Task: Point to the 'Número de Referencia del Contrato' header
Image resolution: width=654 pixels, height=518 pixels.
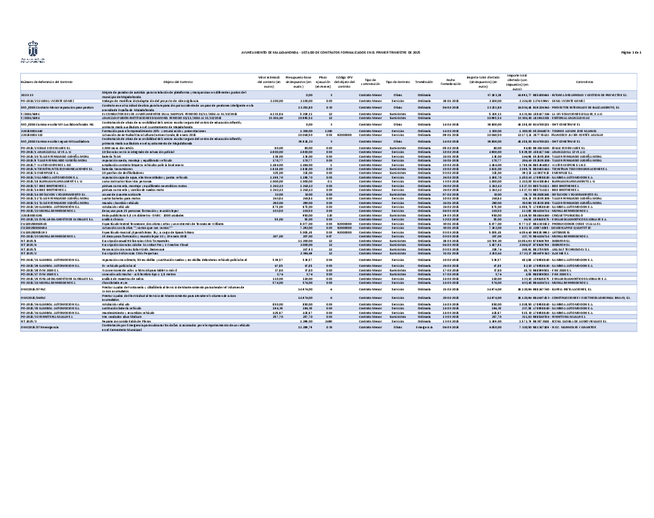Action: point(47,82)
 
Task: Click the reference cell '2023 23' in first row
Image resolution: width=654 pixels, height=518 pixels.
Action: point(27,95)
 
